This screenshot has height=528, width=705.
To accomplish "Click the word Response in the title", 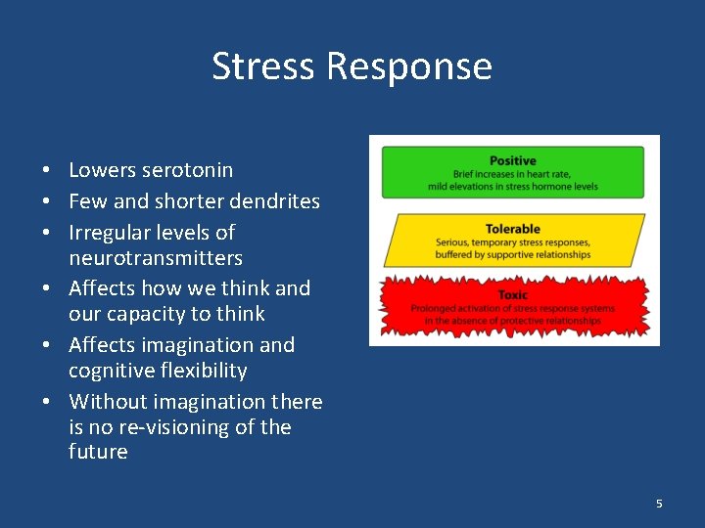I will (x=409, y=66).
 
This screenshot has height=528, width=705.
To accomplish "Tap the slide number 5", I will (x=659, y=504).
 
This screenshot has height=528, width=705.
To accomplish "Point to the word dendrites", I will (x=274, y=201).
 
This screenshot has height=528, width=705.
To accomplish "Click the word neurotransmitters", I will (x=156, y=258).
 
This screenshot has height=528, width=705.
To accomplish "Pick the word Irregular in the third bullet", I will (x=110, y=233).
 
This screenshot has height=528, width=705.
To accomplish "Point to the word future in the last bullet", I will (x=98, y=452).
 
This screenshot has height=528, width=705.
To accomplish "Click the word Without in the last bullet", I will (x=108, y=402).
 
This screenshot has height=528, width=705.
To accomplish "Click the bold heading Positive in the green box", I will (x=513, y=160).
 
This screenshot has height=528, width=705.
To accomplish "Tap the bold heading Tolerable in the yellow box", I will (x=513, y=229).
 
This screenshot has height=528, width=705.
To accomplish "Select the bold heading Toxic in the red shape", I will (x=513, y=294).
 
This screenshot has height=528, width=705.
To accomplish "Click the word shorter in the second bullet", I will (x=188, y=201).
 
